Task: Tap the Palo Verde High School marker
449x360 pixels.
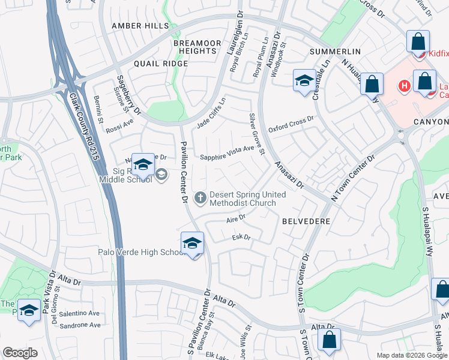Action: (192, 244)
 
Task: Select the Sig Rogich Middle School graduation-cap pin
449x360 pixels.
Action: (143, 166)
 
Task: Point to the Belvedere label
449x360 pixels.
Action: (306, 221)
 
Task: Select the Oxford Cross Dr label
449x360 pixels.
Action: (291, 124)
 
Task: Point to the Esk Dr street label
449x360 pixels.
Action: (241, 238)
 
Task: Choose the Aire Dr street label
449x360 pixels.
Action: (237, 220)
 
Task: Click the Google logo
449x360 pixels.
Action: (20, 353)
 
